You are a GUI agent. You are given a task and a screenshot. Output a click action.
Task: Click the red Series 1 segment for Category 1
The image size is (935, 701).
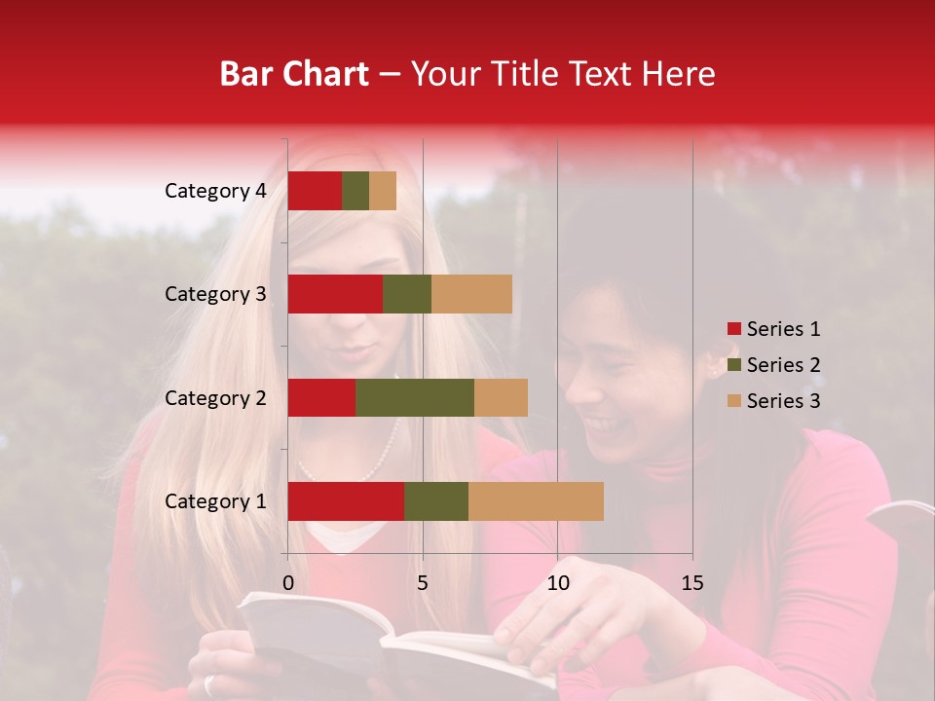coord(346,501)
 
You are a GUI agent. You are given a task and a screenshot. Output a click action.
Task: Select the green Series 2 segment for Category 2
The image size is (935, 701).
coord(415,397)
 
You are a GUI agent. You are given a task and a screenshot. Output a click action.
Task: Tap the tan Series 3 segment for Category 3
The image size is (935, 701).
coord(471,294)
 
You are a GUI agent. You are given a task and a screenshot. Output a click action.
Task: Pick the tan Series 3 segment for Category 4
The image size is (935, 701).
coord(383,191)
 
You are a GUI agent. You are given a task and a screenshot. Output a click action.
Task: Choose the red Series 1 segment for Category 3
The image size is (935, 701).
coord(335,294)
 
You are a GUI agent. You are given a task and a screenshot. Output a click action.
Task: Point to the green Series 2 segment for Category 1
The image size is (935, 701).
coord(436,501)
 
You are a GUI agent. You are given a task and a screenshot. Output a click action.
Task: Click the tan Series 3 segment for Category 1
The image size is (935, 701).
coord(536,501)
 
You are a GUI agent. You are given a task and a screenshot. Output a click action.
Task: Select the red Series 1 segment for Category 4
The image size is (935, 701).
coord(315,191)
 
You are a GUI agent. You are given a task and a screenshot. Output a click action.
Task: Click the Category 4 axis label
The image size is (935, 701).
coord(215,191)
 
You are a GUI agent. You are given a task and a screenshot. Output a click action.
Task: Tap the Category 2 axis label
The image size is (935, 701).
coord(215,398)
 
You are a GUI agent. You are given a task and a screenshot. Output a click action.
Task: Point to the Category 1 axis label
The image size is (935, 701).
coord(215,501)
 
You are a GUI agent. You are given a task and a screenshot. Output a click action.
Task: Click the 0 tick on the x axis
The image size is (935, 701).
coord(288,583)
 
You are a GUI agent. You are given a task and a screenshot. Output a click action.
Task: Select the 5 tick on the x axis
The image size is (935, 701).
coord(423,583)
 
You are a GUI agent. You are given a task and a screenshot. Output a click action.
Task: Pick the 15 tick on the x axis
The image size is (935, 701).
coord(692,583)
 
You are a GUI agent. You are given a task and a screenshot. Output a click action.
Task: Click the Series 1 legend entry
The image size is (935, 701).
coord(774,329)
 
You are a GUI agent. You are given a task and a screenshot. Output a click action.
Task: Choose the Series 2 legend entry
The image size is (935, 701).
coord(774,365)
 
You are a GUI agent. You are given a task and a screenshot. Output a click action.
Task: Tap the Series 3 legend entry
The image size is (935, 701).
coord(774,401)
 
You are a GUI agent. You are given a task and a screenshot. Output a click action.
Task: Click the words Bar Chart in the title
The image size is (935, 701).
coord(294,74)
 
